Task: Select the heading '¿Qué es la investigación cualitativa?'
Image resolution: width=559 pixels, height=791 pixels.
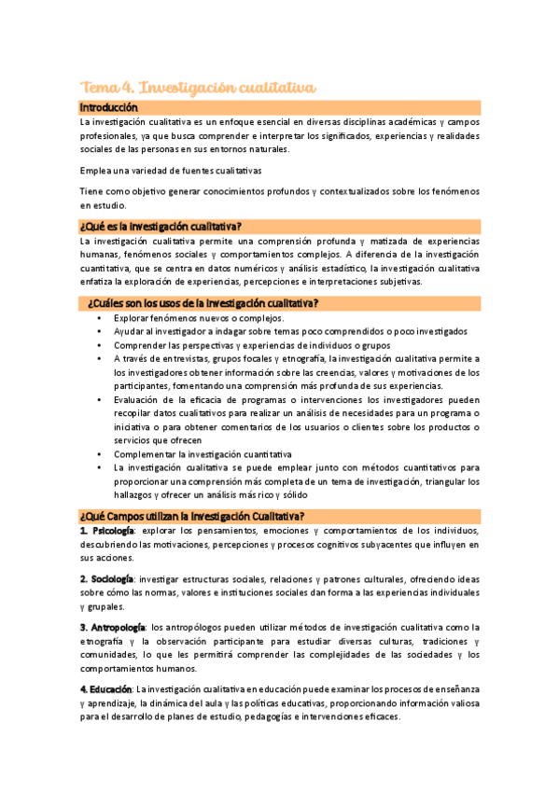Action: [161, 227]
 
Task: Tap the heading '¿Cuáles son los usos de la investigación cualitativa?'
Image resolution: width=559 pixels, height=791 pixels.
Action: [203, 303]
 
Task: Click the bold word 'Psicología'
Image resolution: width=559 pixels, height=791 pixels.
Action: [113, 531]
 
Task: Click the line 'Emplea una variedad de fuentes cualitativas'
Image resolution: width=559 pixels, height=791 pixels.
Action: [171, 171]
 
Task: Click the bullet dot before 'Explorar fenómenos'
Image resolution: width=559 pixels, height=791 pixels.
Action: [100, 318]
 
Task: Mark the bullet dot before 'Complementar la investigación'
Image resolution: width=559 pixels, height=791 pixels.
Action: [100, 454]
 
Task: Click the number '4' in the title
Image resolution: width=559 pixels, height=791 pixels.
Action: [129, 88]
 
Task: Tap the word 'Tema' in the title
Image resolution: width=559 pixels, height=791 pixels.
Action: [100, 88]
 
